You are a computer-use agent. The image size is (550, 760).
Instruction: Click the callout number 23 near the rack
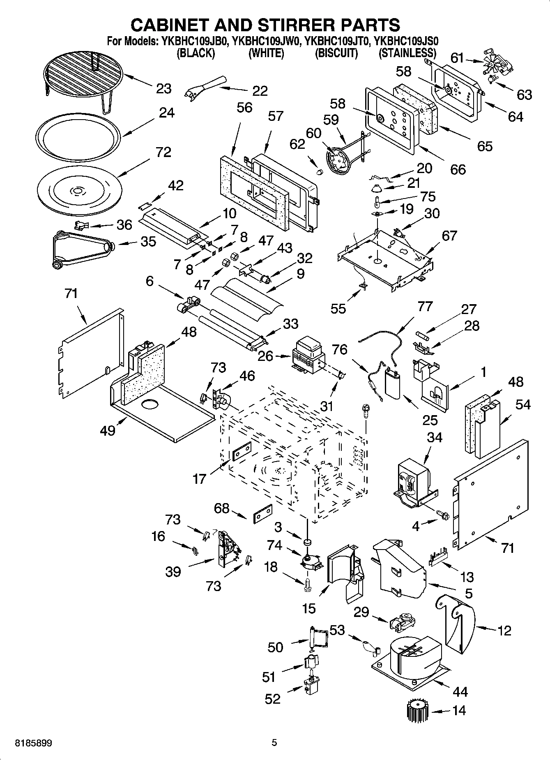163,88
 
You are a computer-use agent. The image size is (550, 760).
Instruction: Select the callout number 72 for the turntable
163,152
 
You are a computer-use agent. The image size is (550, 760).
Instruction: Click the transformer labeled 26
308,354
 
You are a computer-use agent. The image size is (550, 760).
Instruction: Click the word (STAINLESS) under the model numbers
407,53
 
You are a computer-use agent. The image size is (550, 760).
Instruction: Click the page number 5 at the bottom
274,743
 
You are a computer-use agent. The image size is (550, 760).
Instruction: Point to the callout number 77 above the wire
425,307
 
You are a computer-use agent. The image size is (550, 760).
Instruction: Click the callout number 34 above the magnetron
434,437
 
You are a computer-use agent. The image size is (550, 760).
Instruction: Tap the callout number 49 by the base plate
107,430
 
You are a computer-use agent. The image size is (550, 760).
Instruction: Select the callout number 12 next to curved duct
504,630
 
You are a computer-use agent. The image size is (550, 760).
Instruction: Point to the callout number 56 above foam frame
244,108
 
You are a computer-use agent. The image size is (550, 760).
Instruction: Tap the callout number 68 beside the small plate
221,508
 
